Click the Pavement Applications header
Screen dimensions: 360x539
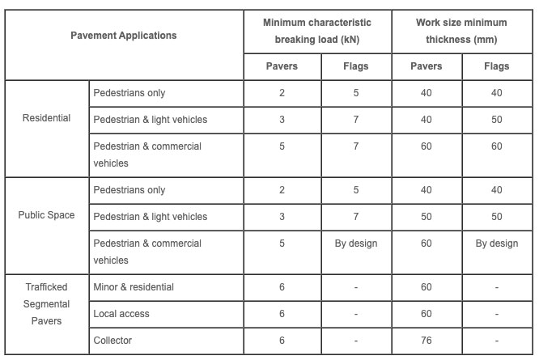[x=123, y=36]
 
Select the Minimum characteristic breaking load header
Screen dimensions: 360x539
[x=317, y=31]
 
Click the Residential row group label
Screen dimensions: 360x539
[x=46, y=118]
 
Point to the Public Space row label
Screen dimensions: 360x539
[x=46, y=215]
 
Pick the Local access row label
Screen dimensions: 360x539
[x=121, y=313]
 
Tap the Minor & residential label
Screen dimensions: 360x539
[x=134, y=287]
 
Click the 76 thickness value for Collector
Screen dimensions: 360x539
[x=427, y=340]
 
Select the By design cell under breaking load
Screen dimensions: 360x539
[x=356, y=244]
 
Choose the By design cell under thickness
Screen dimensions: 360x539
[x=496, y=244]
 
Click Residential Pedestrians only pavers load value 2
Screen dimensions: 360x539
[x=282, y=93]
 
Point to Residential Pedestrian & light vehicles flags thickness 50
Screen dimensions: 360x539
[x=496, y=120]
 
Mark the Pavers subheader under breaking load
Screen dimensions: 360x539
[x=282, y=66]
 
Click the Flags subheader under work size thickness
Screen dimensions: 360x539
[x=496, y=66]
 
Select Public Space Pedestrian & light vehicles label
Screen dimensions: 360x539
[x=151, y=217]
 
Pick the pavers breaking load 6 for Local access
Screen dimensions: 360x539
[x=282, y=313]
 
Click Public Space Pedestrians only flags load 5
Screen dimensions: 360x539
[x=356, y=190]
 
